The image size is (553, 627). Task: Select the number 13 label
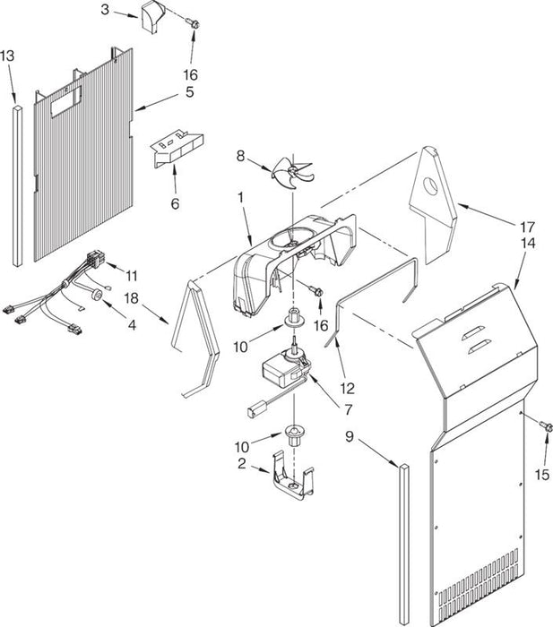coord(7,56)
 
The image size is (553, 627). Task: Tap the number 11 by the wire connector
coord(133,274)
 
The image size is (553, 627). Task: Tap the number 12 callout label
coord(347,389)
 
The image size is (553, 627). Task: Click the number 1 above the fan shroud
coord(239,194)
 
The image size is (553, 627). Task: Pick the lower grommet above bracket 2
coord(293,435)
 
